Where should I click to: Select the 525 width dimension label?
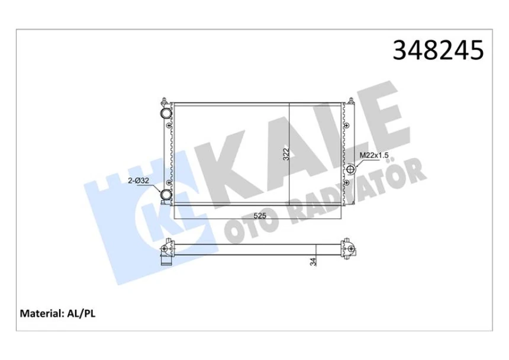259,216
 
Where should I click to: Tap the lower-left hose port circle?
166,195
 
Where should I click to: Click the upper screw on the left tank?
170,125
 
